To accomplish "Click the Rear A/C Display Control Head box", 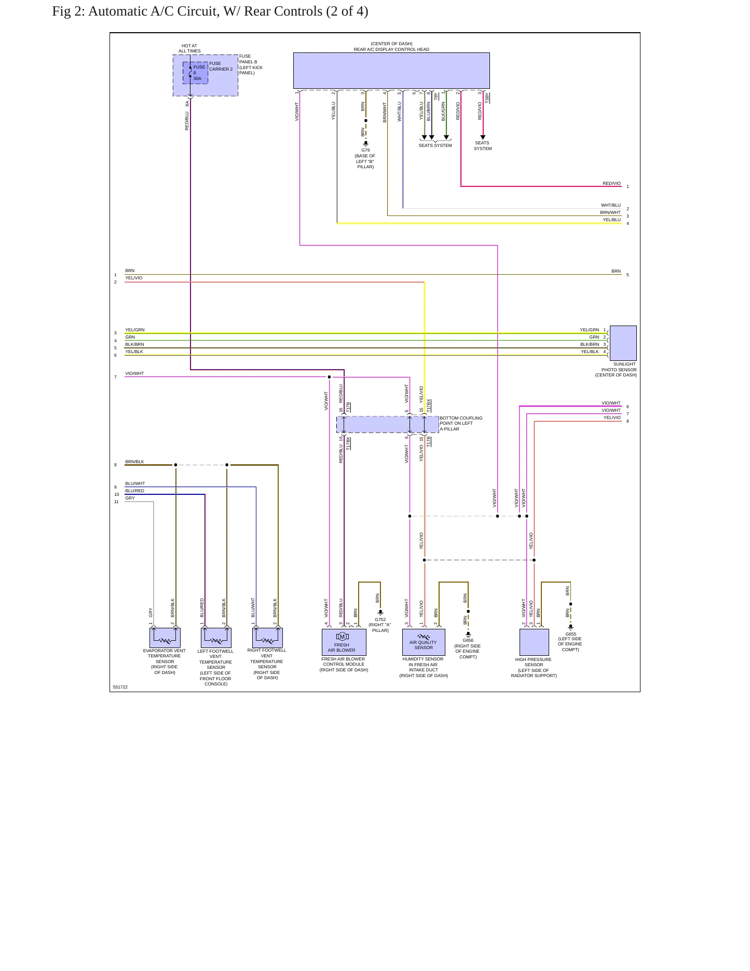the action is pyautogui.click(x=391, y=71).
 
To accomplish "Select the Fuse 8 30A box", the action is pyautogui.click(x=195, y=73).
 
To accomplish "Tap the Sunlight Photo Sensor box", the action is pyautogui.click(x=623, y=343).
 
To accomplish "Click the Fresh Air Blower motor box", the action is pyautogui.click(x=344, y=642).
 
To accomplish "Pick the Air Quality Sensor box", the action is pyautogui.click(x=424, y=642).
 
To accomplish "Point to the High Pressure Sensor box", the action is pyautogui.click(x=534, y=642).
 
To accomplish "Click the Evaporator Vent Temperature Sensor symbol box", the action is pyautogui.click(x=165, y=638).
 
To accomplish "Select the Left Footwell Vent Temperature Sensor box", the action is pyautogui.click(x=216, y=638).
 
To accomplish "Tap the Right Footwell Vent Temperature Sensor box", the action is pyautogui.click(x=267, y=638).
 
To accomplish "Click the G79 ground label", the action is pyautogui.click(x=365, y=150).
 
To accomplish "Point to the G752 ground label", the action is pyautogui.click(x=380, y=619).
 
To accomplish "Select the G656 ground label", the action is pyautogui.click(x=468, y=640).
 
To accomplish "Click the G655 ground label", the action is pyautogui.click(x=571, y=634).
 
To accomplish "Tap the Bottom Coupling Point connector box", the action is pyautogui.click(x=388, y=424).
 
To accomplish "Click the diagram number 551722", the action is pyautogui.click(x=120, y=687).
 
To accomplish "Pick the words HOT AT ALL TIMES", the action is pyautogui.click(x=189, y=48).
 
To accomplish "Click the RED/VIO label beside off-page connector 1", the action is pyautogui.click(x=611, y=183).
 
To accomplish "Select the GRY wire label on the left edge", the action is pyautogui.click(x=130, y=498).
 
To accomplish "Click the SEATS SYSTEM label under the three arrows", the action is pyautogui.click(x=435, y=145).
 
